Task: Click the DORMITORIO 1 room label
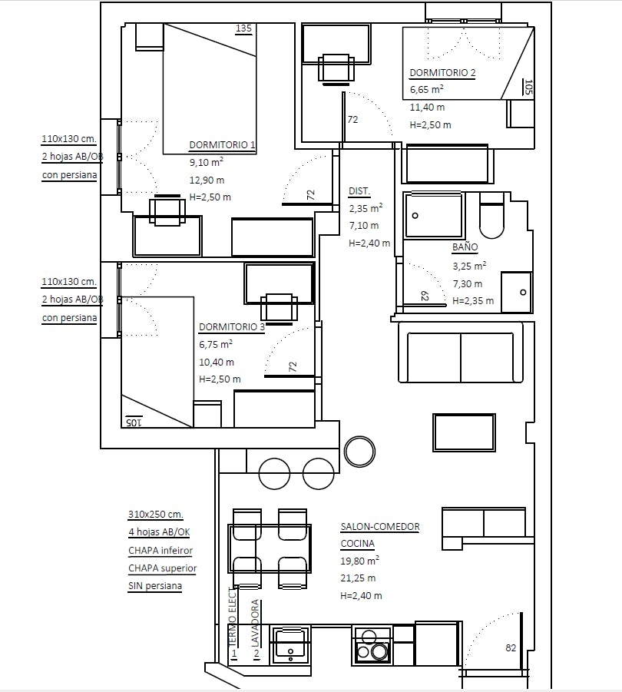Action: (x=222, y=144)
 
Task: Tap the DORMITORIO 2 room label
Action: (x=442, y=73)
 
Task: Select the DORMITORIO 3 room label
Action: (x=232, y=327)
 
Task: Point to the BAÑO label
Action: (x=465, y=247)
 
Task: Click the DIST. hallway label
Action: (x=359, y=191)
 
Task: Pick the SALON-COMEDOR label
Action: (x=380, y=527)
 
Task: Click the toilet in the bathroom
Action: (x=491, y=217)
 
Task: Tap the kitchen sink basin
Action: (x=289, y=644)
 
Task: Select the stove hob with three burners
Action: (x=372, y=646)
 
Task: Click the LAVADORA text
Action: (x=255, y=623)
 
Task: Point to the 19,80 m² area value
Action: (x=359, y=561)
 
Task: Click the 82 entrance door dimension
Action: (x=511, y=648)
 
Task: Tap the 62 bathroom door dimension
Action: (x=425, y=296)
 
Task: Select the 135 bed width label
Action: (x=243, y=28)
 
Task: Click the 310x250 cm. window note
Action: (x=156, y=514)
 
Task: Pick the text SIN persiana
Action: (x=155, y=586)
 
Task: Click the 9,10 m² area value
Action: (x=207, y=162)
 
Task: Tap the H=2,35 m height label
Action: (x=473, y=301)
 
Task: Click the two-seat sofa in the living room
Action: (x=461, y=353)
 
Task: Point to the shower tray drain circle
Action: (x=415, y=216)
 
